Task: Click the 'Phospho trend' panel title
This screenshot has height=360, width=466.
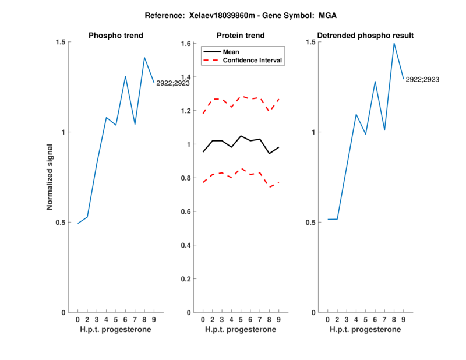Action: (x=115, y=36)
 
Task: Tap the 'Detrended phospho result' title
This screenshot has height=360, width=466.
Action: (x=365, y=36)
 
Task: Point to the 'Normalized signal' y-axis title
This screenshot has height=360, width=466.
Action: (x=50, y=178)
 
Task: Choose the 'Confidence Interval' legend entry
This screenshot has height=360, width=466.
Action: (x=253, y=60)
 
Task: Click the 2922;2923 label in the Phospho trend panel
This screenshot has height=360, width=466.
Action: (x=172, y=83)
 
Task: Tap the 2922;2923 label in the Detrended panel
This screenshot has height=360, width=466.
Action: (x=422, y=79)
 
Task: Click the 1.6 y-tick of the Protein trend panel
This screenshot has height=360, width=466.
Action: (x=186, y=44)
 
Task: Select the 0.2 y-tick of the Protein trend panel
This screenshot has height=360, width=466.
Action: (x=186, y=279)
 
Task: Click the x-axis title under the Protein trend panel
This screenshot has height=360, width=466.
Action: (x=241, y=330)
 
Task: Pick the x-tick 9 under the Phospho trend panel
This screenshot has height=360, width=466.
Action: (x=154, y=320)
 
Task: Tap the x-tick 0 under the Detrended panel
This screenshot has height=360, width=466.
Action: (x=328, y=320)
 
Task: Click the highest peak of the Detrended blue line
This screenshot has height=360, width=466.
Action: (x=394, y=43)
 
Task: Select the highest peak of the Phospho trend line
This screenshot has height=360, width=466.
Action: (x=144, y=57)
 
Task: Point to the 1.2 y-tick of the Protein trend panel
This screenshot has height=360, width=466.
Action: (x=186, y=111)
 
